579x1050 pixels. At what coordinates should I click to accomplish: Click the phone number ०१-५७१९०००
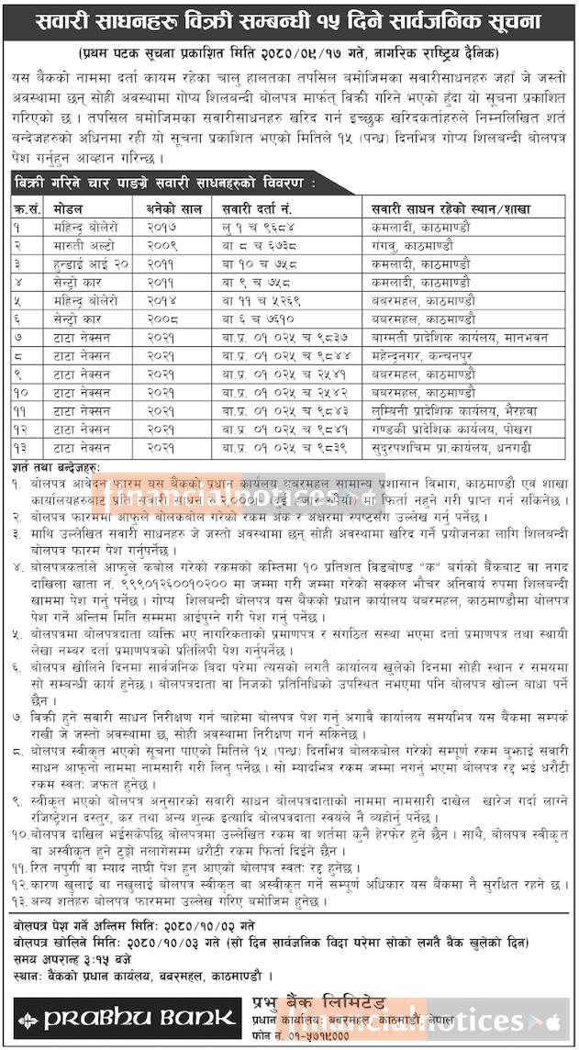pos(321,1037)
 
